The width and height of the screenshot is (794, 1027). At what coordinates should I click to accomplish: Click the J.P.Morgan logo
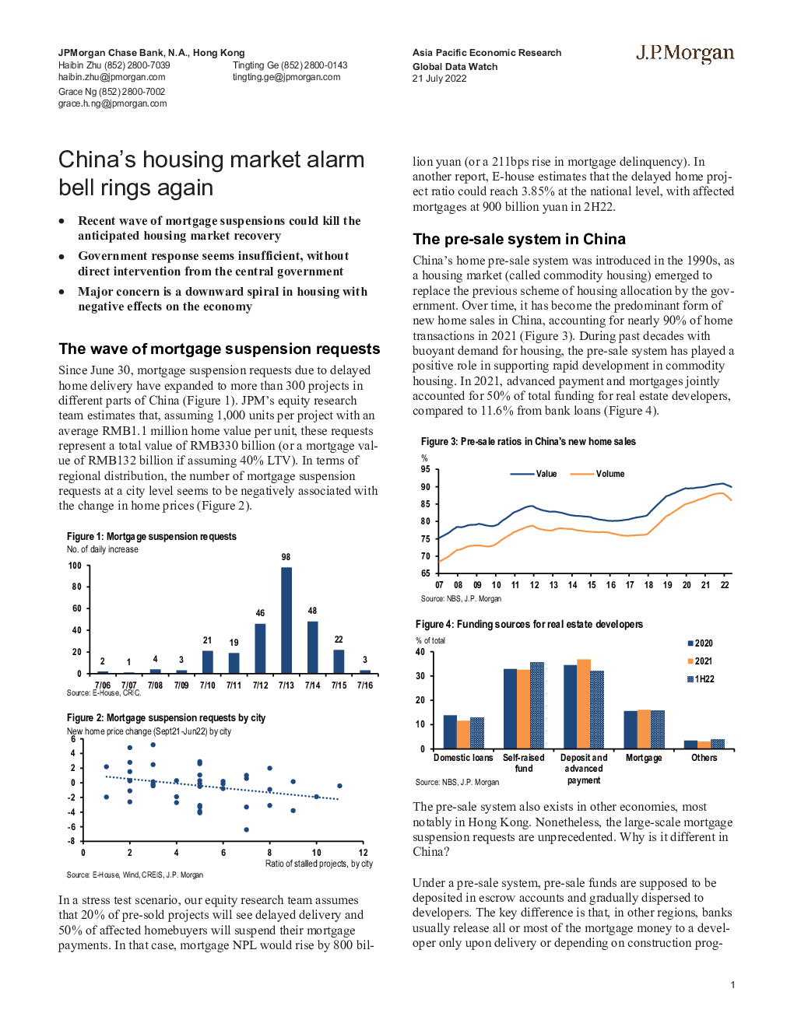(685, 54)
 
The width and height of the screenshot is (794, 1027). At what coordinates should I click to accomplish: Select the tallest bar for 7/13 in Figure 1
(286, 620)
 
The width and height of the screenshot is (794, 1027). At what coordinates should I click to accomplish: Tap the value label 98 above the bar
(286, 557)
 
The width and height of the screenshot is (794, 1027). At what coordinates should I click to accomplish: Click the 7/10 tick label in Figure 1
(208, 685)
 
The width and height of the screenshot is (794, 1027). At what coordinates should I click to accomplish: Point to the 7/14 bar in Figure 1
(313, 647)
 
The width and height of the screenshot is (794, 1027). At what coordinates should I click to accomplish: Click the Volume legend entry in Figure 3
(598, 474)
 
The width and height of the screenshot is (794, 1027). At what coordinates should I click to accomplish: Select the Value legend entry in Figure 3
(534, 474)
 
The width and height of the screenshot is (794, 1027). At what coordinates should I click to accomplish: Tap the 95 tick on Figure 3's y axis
(426, 469)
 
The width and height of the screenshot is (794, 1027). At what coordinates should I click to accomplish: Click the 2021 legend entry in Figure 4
(700, 661)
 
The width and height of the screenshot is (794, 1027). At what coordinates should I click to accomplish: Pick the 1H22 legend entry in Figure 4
(701, 679)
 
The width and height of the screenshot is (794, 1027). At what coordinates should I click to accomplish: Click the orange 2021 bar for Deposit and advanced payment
(584, 704)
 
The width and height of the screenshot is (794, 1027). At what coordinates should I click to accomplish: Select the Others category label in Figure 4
(704, 758)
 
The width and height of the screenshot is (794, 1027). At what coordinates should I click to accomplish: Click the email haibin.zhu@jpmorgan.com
(111, 77)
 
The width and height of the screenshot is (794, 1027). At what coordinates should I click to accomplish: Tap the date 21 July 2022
(439, 79)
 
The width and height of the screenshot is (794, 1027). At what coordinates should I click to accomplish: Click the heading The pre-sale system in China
(518, 239)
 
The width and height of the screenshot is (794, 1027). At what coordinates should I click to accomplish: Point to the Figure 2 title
(166, 718)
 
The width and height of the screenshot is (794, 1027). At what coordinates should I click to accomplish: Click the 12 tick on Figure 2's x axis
(363, 853)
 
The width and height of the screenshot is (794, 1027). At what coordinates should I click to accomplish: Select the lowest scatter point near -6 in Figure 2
(247, 829)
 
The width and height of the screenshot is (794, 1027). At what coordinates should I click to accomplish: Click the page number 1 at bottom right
(733, 985)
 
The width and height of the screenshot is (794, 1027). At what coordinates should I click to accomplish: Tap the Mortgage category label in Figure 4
(644, 758)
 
